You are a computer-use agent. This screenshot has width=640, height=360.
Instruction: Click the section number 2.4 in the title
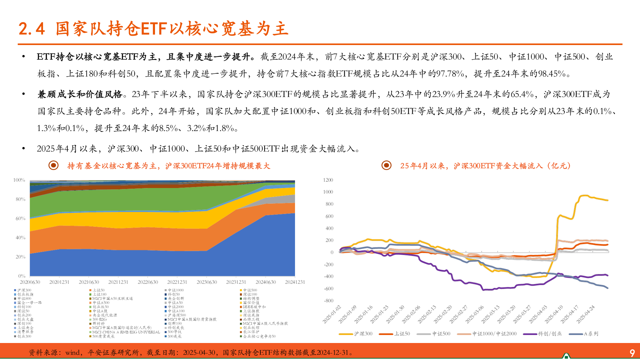pyautogui.click(x=32, y=29)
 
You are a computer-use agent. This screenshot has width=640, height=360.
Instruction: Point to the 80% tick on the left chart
pyautogui.click(x=20, y=199)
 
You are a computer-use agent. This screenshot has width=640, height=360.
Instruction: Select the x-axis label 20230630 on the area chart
pyautogui.click(x=207, y=282)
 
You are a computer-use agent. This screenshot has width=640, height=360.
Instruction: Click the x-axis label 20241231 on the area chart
pyautogui.click(x=295, y=282)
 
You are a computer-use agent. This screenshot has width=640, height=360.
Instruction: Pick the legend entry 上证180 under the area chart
pyautogui.click(x=99, y=294)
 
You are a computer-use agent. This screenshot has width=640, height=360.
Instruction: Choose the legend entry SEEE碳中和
pyautogui.click(x=254, y=307)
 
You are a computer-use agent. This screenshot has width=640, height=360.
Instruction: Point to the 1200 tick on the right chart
pyautogui.click(x=328, y=180)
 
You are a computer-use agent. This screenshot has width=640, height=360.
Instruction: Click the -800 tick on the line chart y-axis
pyautogui.click(x=328, y=301)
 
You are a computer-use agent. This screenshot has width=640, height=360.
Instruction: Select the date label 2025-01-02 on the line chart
pyautogui.click(x=332, y=315)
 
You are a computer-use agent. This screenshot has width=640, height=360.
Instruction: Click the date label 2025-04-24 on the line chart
pyautogui.click(x=586, y=315)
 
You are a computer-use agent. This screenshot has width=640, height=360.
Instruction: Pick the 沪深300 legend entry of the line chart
pyautogui.click(x=363, y=334)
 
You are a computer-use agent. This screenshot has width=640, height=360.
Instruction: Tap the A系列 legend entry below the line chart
pyautogui.click(x=591, y=334)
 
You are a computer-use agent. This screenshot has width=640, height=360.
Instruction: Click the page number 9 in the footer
pyautogui.click(x=632, y=353)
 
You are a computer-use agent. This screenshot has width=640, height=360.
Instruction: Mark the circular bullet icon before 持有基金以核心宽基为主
pyautogui.click(x=53, y=165)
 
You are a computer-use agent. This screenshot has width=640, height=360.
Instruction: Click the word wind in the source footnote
pyautogui.click(x=72, y=353)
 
